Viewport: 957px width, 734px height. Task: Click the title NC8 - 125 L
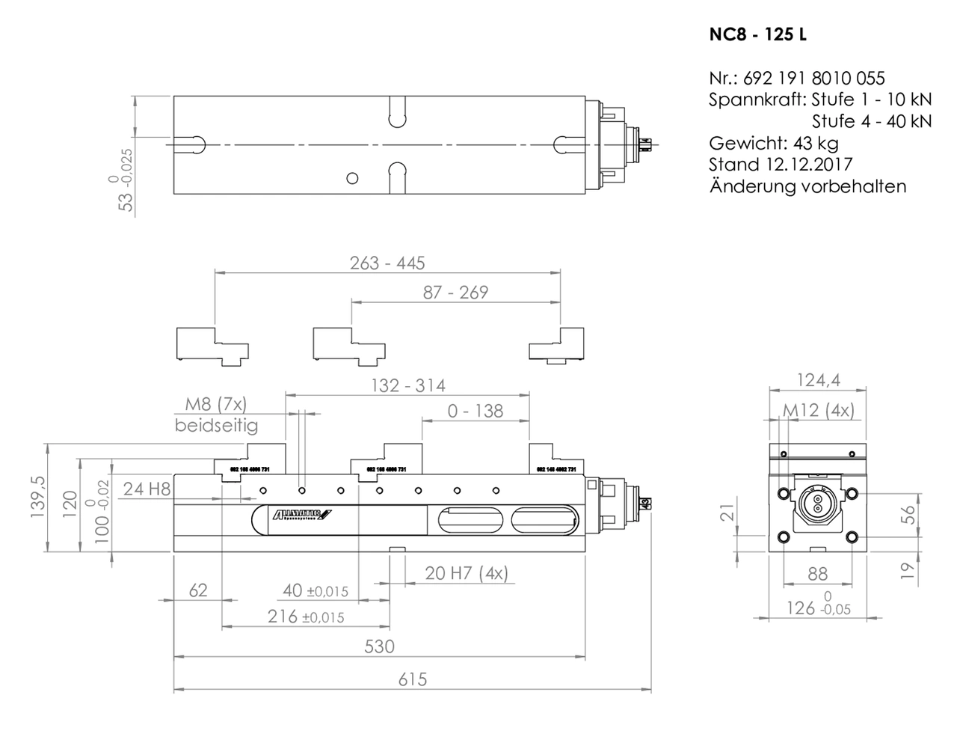tap(757, 34)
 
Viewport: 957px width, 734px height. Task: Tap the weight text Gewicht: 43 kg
tap(774, 143)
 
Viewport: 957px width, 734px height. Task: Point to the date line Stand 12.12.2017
tap(781, 165)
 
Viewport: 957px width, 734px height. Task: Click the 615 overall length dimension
tap(412, 679)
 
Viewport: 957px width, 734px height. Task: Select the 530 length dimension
tap(379, 646)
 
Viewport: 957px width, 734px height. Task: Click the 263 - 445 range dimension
tap(387, 263)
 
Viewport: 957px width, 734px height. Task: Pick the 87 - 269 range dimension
tap(455, 293)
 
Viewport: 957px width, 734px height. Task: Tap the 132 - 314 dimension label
tap(408, 385)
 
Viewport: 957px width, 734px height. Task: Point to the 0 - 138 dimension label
tap(476, 411)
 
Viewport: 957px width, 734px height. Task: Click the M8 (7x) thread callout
tap(215, 405)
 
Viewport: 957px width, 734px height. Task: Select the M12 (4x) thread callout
tap(819, 410)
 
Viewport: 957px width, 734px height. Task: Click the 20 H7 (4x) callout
tap(467, 573)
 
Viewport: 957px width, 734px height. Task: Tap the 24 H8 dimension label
tap(147, 489)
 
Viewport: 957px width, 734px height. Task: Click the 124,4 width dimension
tap(818, 380)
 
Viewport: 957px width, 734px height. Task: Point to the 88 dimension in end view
tap(818, 574)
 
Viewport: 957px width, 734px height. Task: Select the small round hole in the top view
tap(352, 178)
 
